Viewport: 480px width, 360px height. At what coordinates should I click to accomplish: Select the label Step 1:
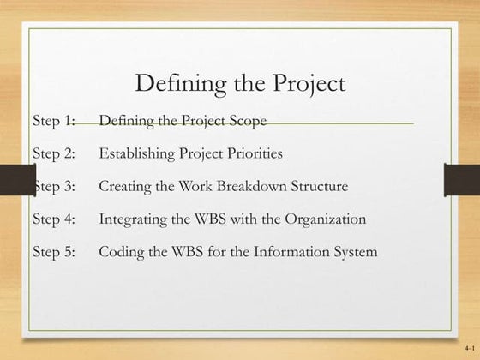pos(55,121)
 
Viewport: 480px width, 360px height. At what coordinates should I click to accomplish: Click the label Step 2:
pos(55,154)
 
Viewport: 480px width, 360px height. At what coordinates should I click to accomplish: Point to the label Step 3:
pos(55,186)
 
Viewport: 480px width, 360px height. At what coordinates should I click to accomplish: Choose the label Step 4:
pos(55,219)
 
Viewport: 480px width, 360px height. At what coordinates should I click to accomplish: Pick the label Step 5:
pos(55,252)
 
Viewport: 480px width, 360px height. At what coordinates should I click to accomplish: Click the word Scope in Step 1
pos(248,121)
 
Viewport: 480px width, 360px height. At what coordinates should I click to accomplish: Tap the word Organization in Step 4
pos(326,219)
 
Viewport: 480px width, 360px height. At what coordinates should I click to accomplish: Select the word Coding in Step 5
pos(120,252)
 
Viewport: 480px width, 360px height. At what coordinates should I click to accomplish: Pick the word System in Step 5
pos(354,252)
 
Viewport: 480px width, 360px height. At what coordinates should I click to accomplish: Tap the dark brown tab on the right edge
pos(461,181)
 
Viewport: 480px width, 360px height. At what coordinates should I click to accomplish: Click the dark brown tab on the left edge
pos(16,181)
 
